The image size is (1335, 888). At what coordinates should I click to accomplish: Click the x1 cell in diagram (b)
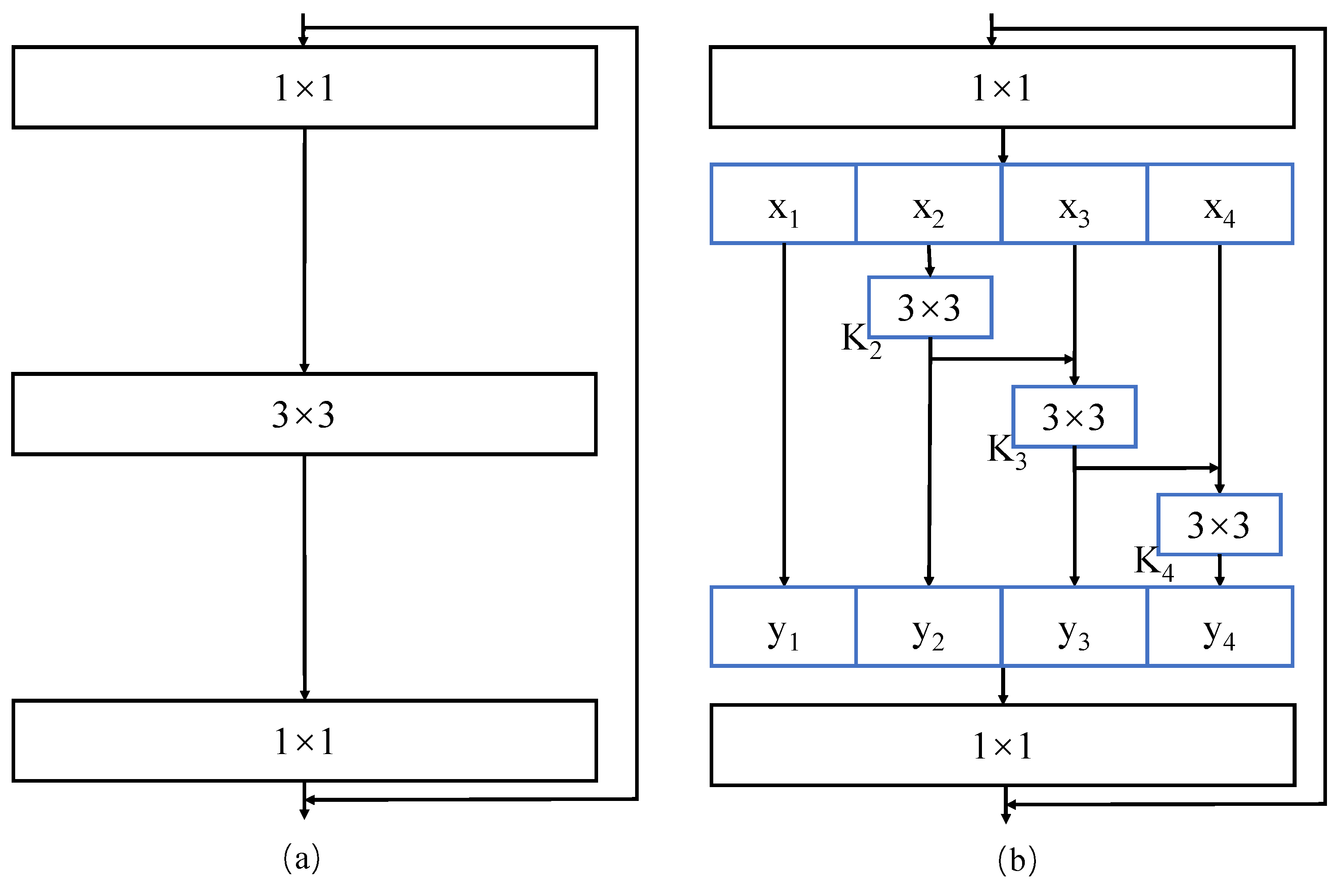coord(783,204)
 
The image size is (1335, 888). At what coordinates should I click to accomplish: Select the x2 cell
coord(928,204)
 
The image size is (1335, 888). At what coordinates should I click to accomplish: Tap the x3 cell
coord(1073,204)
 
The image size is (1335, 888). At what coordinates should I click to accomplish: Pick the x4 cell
coord(1219,204)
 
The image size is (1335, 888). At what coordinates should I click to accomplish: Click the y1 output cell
coord(783,627)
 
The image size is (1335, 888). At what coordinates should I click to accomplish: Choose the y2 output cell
coord(928,627)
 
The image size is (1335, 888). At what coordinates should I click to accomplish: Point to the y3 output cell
coord(1073,627)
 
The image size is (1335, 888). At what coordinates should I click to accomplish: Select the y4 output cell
coord(1219,627)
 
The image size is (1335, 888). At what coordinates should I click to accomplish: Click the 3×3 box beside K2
coord(930,308)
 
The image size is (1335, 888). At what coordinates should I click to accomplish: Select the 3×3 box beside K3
coord(1074,417)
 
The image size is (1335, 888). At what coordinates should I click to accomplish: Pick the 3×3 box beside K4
coord(1219,525)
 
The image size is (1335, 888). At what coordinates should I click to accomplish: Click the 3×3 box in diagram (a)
coord(304,414)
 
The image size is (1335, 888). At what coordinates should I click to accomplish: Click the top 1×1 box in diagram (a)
coord(304,88)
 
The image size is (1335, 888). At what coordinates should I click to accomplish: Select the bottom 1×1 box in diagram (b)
coord(1002,745)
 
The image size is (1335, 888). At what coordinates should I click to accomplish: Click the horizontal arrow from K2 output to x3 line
coord(1002,359)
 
